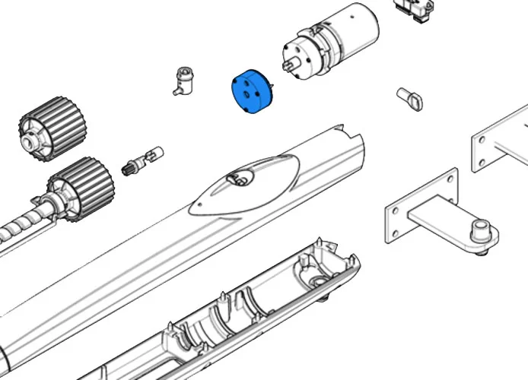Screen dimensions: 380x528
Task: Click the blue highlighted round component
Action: coord(250,94)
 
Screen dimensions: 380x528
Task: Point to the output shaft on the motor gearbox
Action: coord(289,66)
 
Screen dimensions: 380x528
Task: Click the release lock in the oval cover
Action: coord(240,179)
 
